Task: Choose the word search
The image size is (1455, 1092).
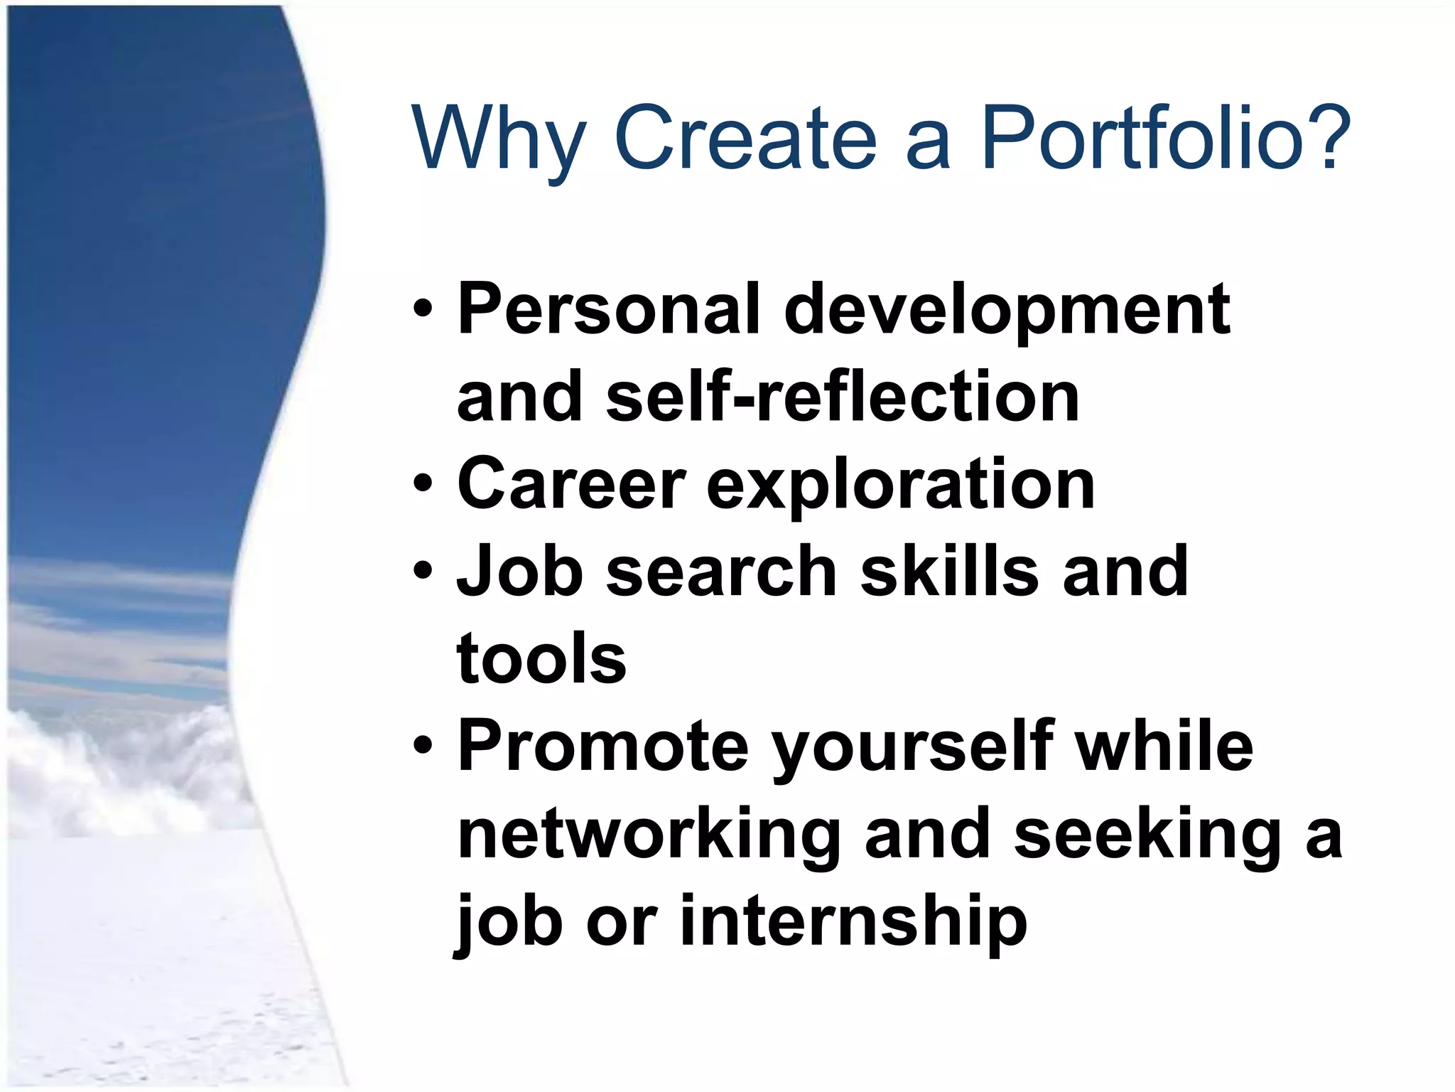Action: (721, 572)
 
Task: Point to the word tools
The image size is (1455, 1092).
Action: (541, 659)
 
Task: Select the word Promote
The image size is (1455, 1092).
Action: (603, 746)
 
